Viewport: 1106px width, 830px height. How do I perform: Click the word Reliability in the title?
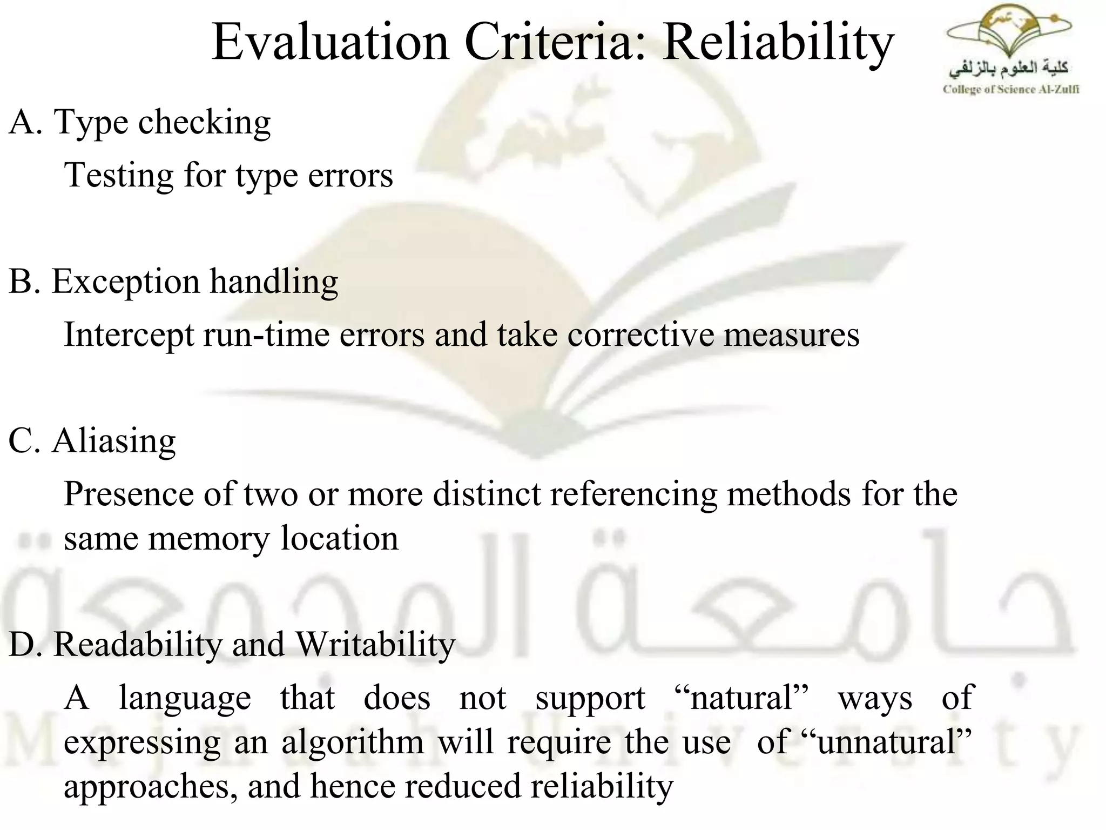(x=778, y=43)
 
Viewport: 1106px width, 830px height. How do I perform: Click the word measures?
(x=791, y=334)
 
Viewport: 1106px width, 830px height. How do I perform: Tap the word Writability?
(x=375, y=645)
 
